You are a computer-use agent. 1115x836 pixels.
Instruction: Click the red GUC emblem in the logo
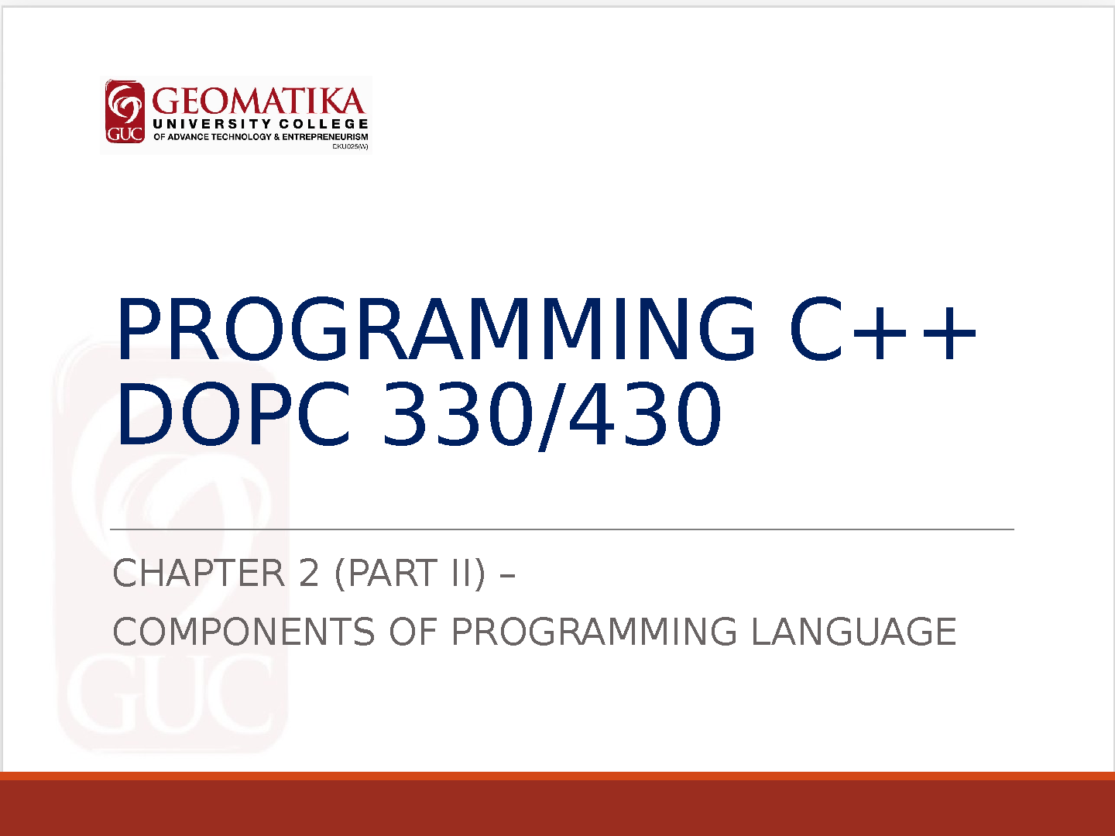click(125, 111)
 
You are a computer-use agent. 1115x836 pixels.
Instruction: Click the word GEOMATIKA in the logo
click(259, 101)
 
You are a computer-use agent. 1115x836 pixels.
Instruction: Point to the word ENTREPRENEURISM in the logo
click(325, 137)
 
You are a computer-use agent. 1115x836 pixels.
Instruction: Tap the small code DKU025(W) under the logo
click(350, 147)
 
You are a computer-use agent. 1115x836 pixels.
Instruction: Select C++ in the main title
click(883, 329)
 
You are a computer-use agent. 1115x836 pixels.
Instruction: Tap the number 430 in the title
click(645, 413)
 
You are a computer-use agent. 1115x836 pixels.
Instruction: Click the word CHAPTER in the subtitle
click(199, 573)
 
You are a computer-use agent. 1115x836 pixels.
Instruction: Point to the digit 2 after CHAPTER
click(309, 573)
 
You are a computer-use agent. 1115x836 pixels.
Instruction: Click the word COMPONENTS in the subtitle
click(244, 632)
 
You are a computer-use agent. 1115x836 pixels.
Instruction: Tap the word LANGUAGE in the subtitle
click(853, 632)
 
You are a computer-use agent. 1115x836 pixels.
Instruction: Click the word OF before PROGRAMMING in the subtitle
click(413, 632)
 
